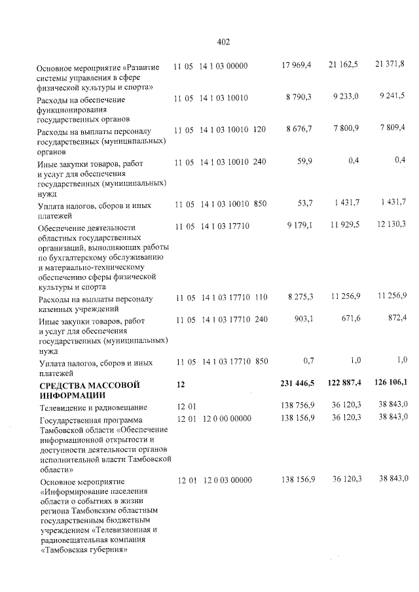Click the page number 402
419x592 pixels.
click(223, 43)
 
